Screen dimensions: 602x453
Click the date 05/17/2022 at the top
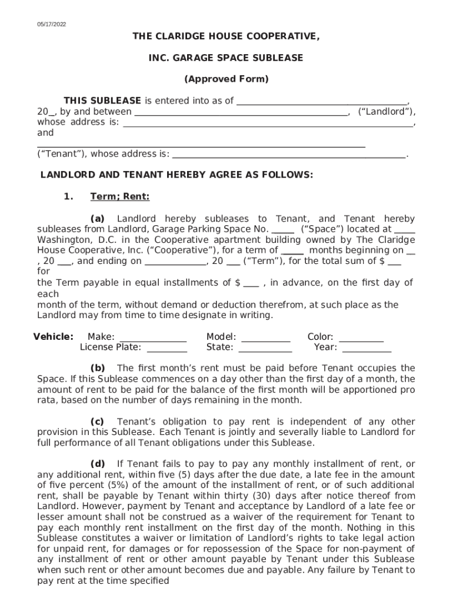[x=52, y=24]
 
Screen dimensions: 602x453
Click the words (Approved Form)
[x=226, y=79]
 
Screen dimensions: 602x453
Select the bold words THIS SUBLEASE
[x=102, y=101]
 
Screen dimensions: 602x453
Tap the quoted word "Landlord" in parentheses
[x=386, y=112]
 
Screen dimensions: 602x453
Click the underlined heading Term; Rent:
[x=119, y=196]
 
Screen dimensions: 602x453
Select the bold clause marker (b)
[x=97, y=368]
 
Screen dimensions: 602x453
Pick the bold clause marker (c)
[x=97, y=422]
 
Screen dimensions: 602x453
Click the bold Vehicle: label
[x=53, y=337]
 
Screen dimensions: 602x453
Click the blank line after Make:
[x=153, y=338]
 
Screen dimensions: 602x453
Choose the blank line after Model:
[x=266, y=338]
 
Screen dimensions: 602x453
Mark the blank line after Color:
[x=361, y=338]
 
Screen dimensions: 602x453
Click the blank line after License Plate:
[x=166, y=348]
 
